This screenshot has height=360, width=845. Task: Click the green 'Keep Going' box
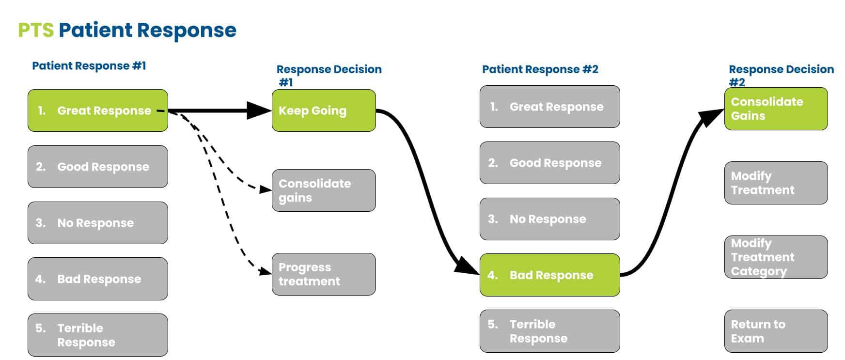pyautogui.click(x=324, y=110)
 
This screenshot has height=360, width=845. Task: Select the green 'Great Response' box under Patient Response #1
pyautogui.click(x=98, y=110)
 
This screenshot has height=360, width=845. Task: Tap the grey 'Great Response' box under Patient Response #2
pyautogui.click(x=550, y=107)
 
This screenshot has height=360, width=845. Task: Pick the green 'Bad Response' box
pyautogui.click(x=550, y=275)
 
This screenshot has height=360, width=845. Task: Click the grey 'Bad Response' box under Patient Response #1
pyautogui.click(x=98, y=279)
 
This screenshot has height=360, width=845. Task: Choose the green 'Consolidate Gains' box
pyautogui.click(x=776, y=109)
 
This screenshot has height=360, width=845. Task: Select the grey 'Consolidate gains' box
pyautogui.click(x=324, y=190)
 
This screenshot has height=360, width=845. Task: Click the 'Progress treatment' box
pyautogui.click(x=324, y=274)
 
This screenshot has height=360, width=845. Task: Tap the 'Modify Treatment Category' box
pyautogui.click(x=776, y=257)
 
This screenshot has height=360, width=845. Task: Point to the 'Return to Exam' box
pyautogui.click(x=776, y=331)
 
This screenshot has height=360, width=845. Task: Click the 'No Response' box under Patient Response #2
pyautogui.click(x=550, y=219)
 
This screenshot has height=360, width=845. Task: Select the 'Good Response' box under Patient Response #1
pyautogui.click(x=98, y=167)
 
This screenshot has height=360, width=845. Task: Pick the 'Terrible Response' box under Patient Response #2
pyautogui.click(x=550, y=331)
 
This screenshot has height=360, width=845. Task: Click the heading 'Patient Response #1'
pyautogui.click(x=89, y=65)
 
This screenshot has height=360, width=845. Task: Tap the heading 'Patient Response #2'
pyautogui.click(x=540, y=69)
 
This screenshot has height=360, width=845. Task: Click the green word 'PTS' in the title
pyautogui.click(x=36, y=30)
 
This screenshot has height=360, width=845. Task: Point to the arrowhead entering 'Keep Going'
pyautogui.click(x=260, y=110)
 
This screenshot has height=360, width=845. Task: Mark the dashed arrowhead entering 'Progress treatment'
pyautogui.click(x=266, y=271)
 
